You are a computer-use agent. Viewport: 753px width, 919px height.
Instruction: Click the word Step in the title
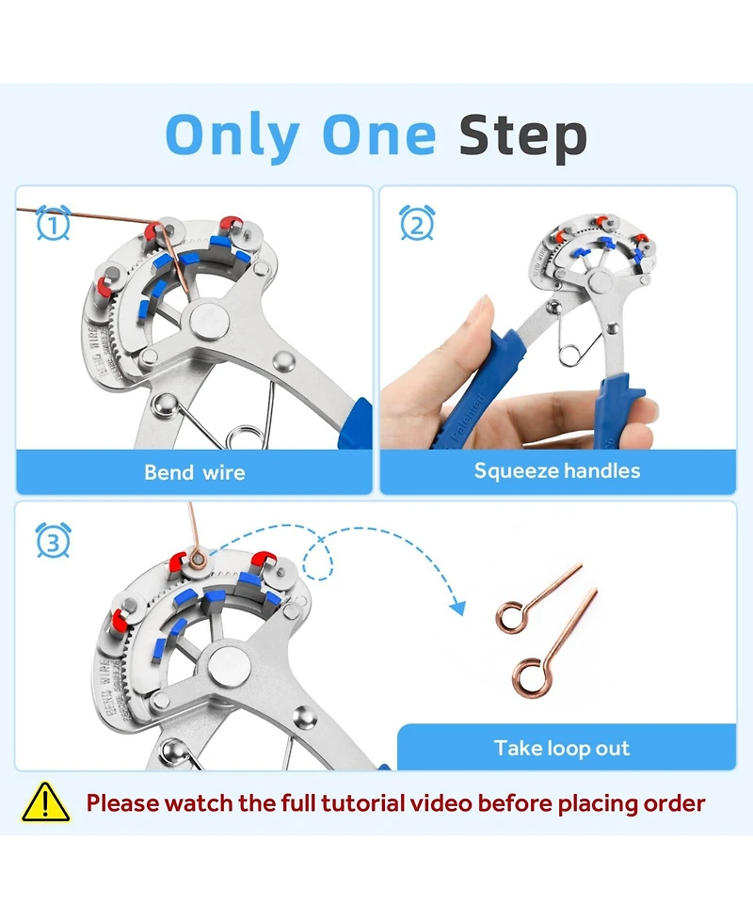(x=522, y=137)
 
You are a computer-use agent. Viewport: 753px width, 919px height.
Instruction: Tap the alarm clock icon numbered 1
(x=53, y=224)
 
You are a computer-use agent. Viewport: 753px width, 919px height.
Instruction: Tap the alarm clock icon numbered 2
(x=417, y=224)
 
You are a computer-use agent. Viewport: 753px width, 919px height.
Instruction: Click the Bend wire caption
(x=194, y=472)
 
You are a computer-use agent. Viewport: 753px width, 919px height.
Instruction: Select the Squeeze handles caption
(x=557, y=470)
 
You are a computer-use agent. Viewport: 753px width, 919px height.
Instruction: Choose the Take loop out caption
(x=562, y=749)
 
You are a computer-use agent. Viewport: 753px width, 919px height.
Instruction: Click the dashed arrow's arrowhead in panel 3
(x=457, y=607)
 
